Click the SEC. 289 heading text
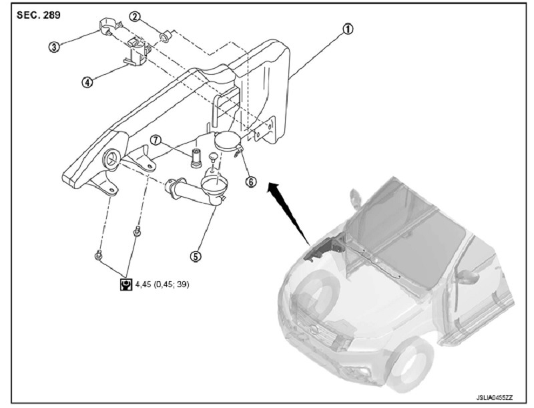[35, 14]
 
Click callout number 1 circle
[348, 30]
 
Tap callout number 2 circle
[135, 15]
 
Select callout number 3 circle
[54, 46]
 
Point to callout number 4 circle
[87, 82]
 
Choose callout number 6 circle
[251, 181]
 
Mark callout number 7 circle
[155, 141]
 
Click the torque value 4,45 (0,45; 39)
[162, 284]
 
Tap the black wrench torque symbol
[125, 284]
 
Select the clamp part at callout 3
[109, 27]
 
